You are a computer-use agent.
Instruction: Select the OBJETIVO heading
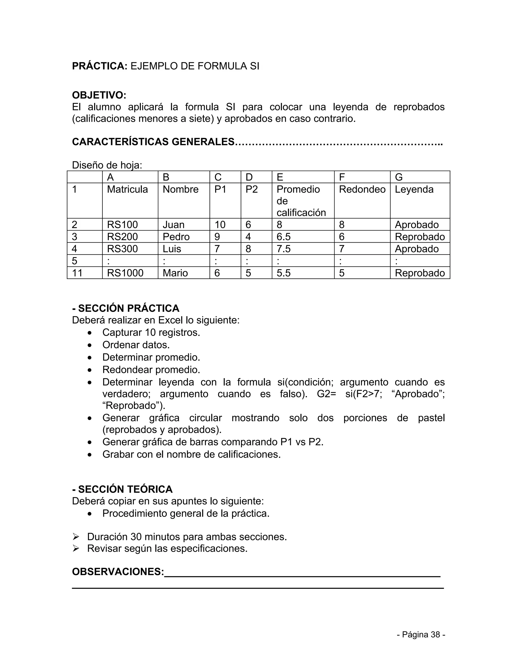[99, 95]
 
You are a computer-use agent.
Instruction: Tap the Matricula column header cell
[127, 189]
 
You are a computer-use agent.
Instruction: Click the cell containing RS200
[122, 237]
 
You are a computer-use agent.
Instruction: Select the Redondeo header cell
[362, 189]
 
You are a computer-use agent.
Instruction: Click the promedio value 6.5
[283, 237]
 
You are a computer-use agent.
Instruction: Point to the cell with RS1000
[125, 273]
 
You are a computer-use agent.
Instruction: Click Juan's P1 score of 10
[220, 225]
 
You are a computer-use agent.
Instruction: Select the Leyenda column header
[414, 189]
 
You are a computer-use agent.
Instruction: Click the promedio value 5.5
[283, 273]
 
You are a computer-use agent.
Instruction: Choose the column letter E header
[280, 177]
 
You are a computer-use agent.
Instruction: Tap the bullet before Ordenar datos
[89, 345]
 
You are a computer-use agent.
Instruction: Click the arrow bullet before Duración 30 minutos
[76, 537]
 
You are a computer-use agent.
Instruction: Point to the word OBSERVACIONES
[118, 572]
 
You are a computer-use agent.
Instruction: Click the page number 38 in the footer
[435, 634]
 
